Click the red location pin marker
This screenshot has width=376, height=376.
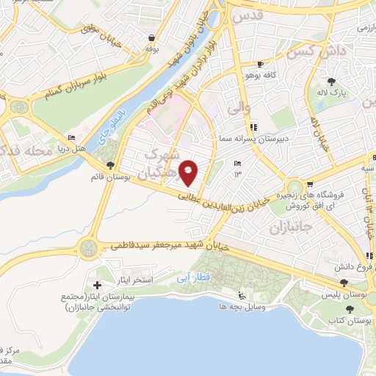[190, 173]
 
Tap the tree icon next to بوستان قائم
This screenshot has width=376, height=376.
[110, 165]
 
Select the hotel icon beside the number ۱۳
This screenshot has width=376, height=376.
[236, 164]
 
